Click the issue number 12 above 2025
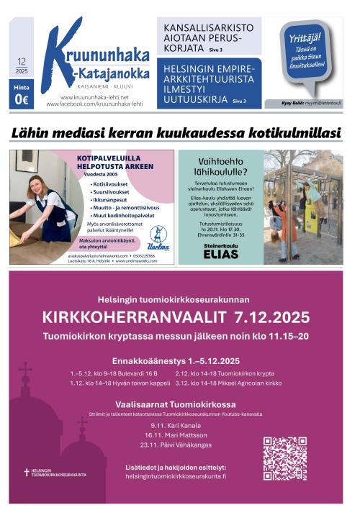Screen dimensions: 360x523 tap(22, 62)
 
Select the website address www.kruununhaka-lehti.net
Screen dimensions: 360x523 tap(94, 97)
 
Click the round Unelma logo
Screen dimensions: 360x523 tap(158, 235)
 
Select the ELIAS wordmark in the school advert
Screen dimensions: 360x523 tap(220, 254)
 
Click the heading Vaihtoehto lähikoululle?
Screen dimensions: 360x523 tap(220, 168)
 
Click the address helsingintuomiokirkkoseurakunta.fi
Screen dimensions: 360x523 tap(176, 476)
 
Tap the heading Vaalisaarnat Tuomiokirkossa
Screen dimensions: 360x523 tap(175, 404)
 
